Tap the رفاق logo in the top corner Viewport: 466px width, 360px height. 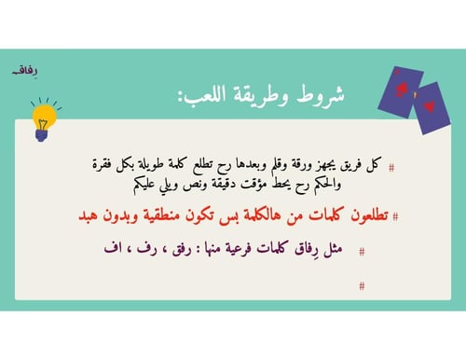pyautogui.click(x=16, y=69)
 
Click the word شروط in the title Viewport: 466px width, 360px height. pyautogui.click(x=316, y=98)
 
